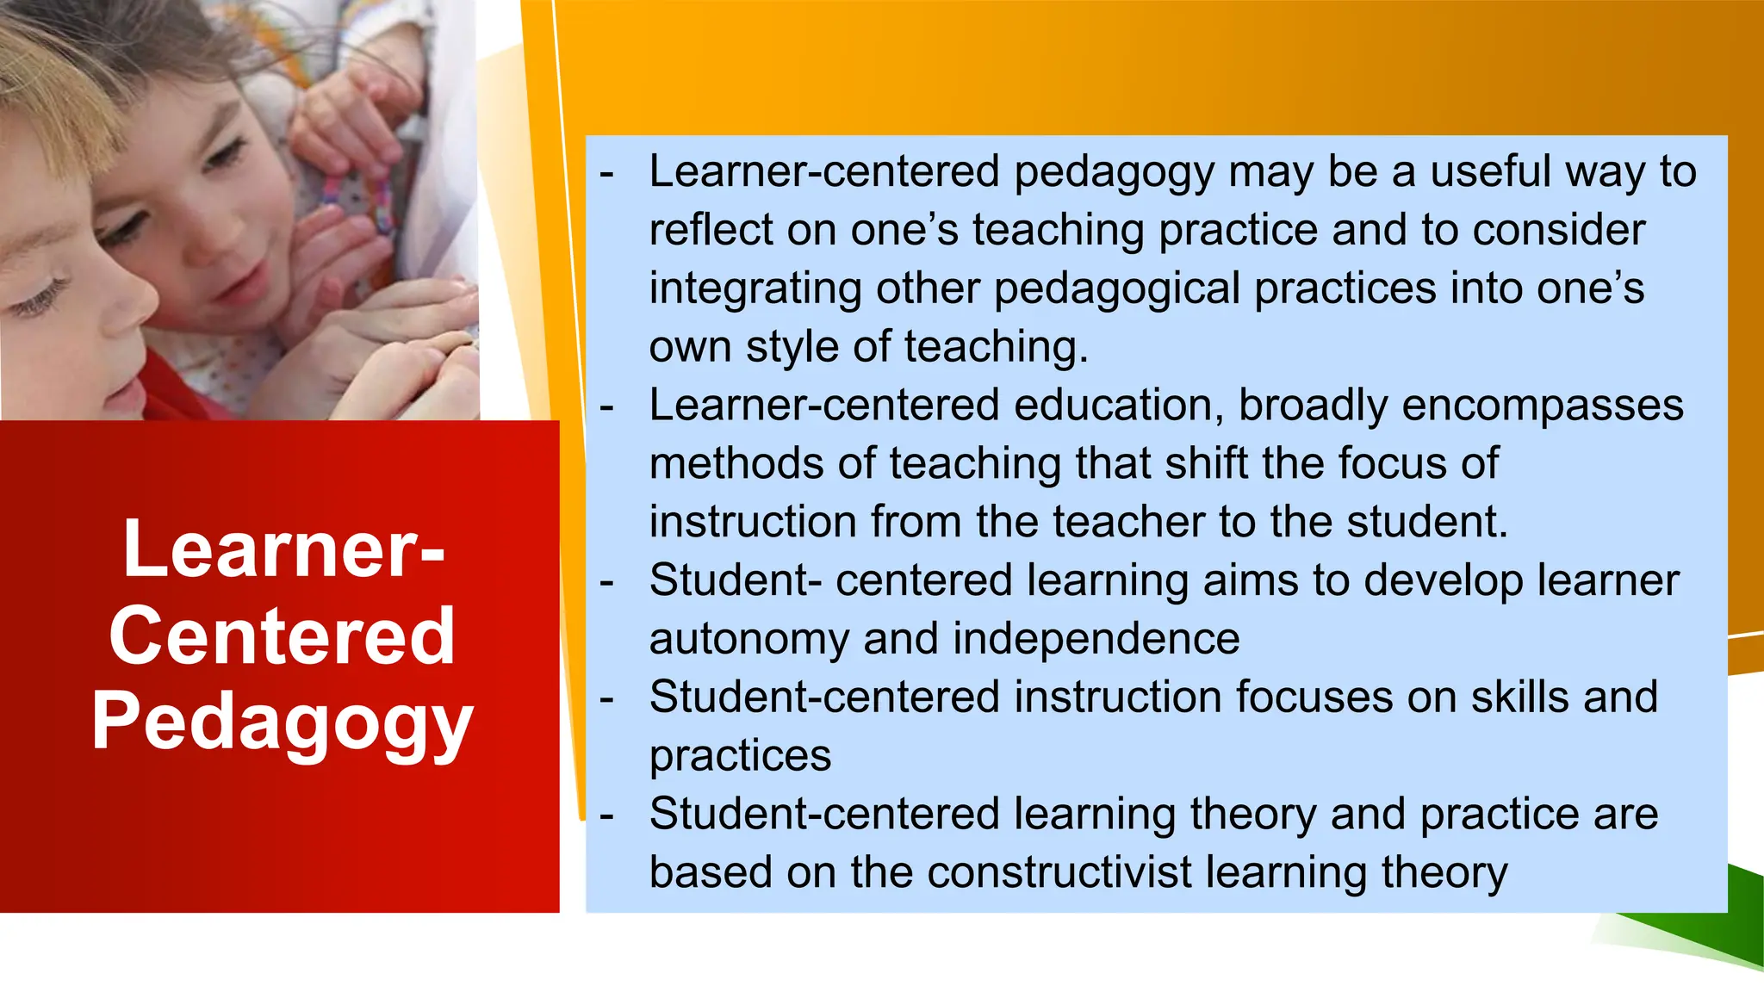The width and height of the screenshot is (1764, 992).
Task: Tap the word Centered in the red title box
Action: click(x=283, y=636)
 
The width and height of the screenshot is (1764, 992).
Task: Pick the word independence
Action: click(x=1096, y=638)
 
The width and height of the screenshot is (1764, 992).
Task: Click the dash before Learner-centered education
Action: click(x=607, y=406)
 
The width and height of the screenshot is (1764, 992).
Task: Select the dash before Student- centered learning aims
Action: click(x=607, y=581)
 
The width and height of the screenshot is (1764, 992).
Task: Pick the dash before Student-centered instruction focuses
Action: click(x=607, y=698)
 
